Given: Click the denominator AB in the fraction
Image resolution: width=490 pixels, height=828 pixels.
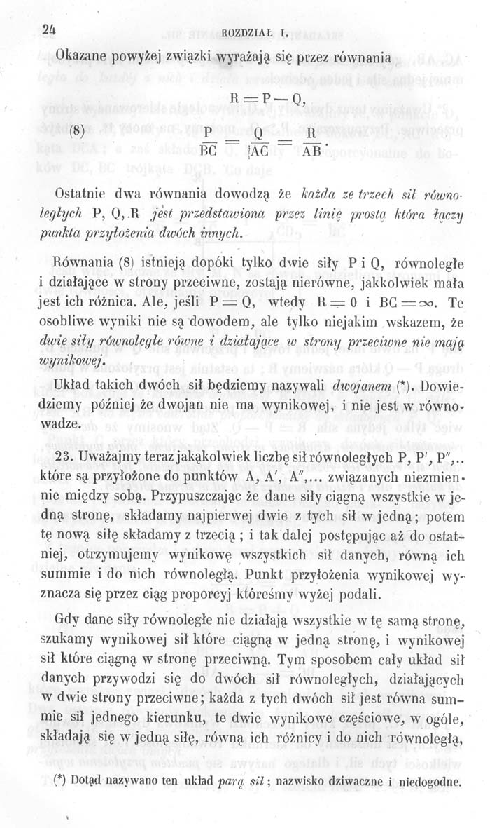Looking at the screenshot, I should point(311,151).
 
